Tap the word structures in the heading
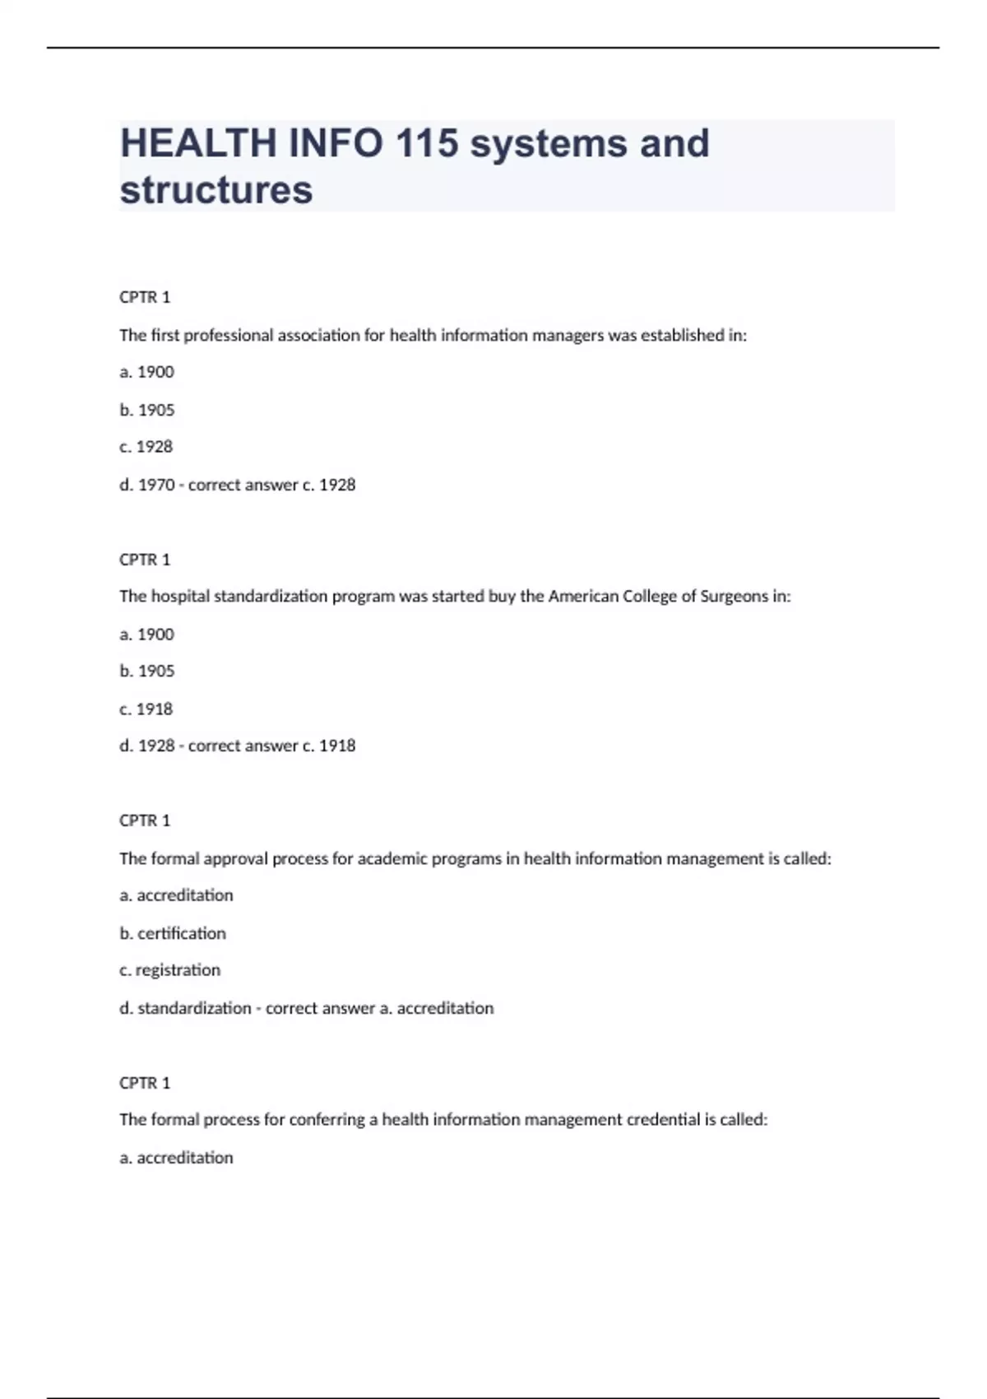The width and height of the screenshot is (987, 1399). tap(216, 189)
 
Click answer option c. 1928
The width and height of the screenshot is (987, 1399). tap(146, 447)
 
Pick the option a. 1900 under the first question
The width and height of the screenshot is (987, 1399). tap(146, 372)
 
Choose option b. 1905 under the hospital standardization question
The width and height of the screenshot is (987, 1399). tap(146, 671)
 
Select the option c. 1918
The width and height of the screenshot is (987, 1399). tap(146, 709)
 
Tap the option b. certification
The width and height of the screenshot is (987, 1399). tap(173, 933)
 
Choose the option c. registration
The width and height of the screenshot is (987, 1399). tap(169, 970)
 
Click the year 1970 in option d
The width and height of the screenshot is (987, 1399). tap(156, 485)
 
